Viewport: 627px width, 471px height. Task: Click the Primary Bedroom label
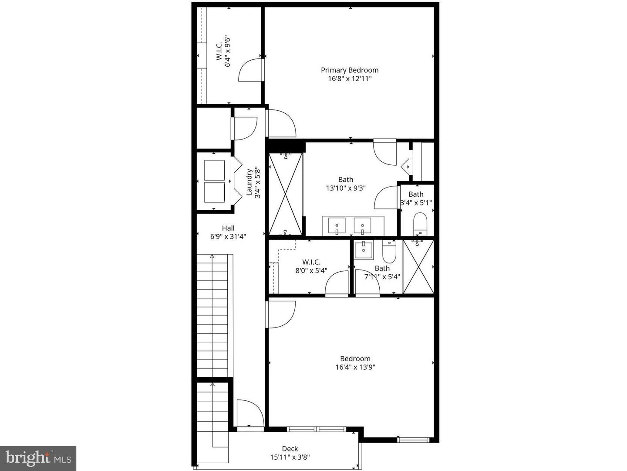350,70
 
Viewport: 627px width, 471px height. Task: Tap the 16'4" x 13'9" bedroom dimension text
355,367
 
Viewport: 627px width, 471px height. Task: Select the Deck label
290,449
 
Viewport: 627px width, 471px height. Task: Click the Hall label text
228,228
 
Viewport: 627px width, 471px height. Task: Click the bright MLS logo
38,458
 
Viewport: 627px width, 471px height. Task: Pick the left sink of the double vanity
337,225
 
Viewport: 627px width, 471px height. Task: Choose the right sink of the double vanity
362,225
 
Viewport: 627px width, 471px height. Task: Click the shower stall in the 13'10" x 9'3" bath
285,194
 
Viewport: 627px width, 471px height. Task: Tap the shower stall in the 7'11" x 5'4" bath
418,267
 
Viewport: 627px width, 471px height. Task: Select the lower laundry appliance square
214,192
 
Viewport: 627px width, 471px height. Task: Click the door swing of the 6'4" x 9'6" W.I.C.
250,70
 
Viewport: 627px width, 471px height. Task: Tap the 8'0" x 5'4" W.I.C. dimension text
311,270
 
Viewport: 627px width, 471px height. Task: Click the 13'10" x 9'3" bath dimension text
346,188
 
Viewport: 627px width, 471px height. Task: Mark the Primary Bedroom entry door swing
281,123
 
